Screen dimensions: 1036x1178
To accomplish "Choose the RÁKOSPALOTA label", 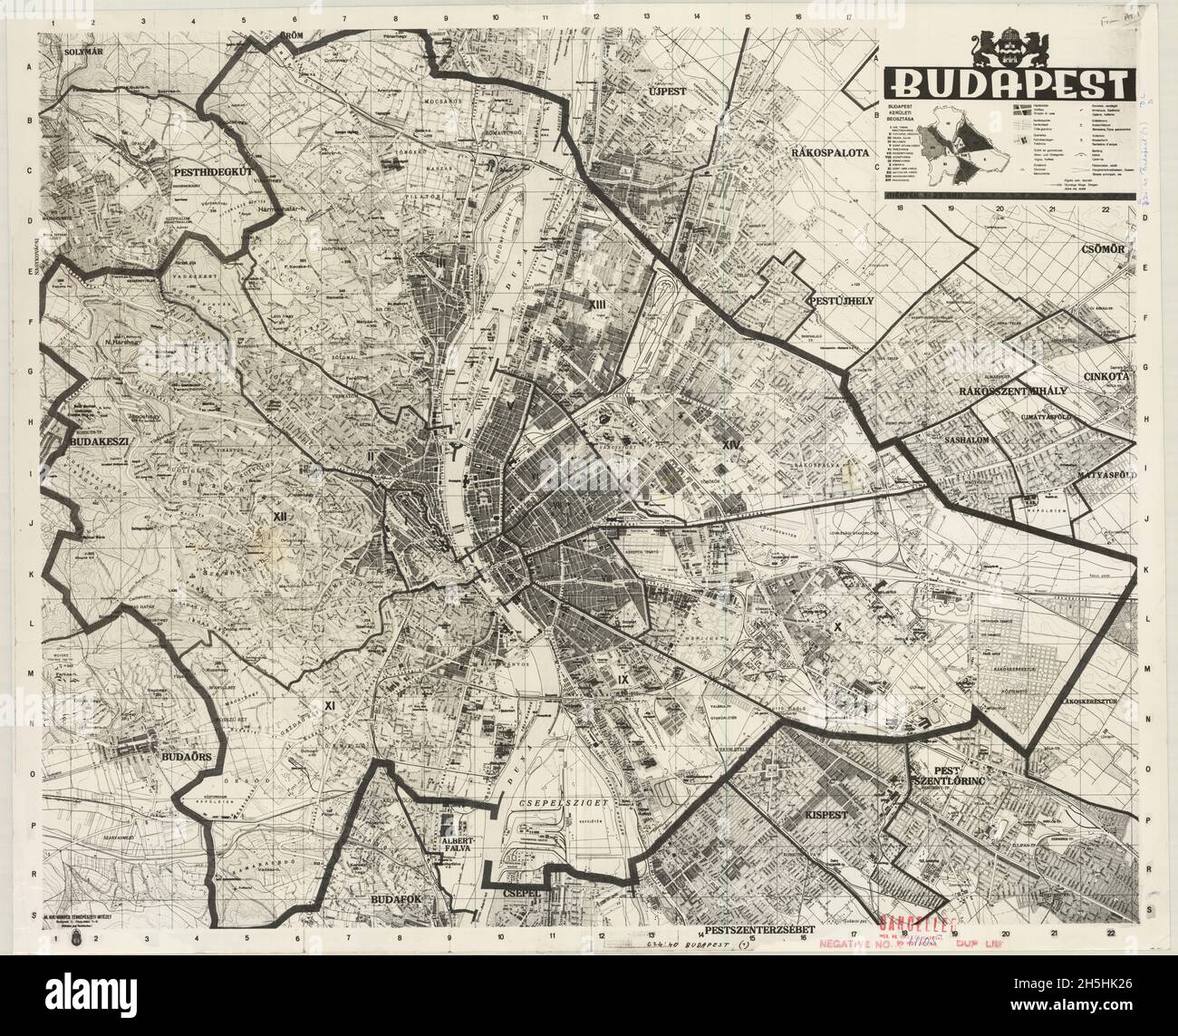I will pos(828,150).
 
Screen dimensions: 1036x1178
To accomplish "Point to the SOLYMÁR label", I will pos(86,52).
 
